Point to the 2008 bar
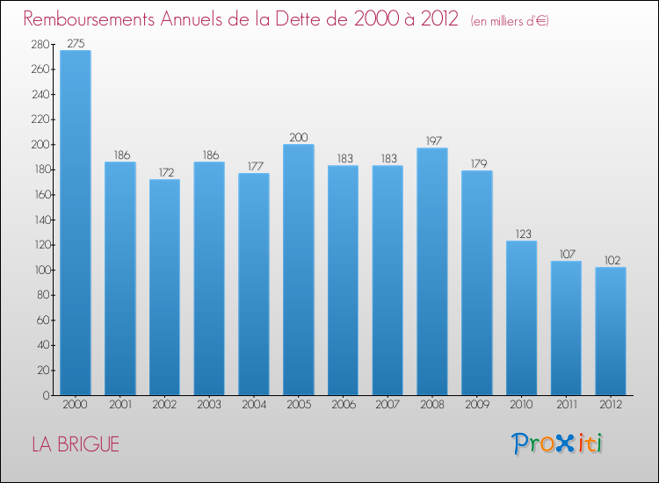click(432, 271)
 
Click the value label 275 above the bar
click(76, 43)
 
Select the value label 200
click(299, 137)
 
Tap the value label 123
click(521, 234)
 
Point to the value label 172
click(164, 172)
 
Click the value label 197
click(432, 141)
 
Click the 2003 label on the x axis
click(209, 406)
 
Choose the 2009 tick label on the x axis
click(477, 406)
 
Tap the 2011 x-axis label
click(566, 406)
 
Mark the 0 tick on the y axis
click(45, 395)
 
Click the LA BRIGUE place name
click(76, 444)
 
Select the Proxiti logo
click(558, 443)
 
